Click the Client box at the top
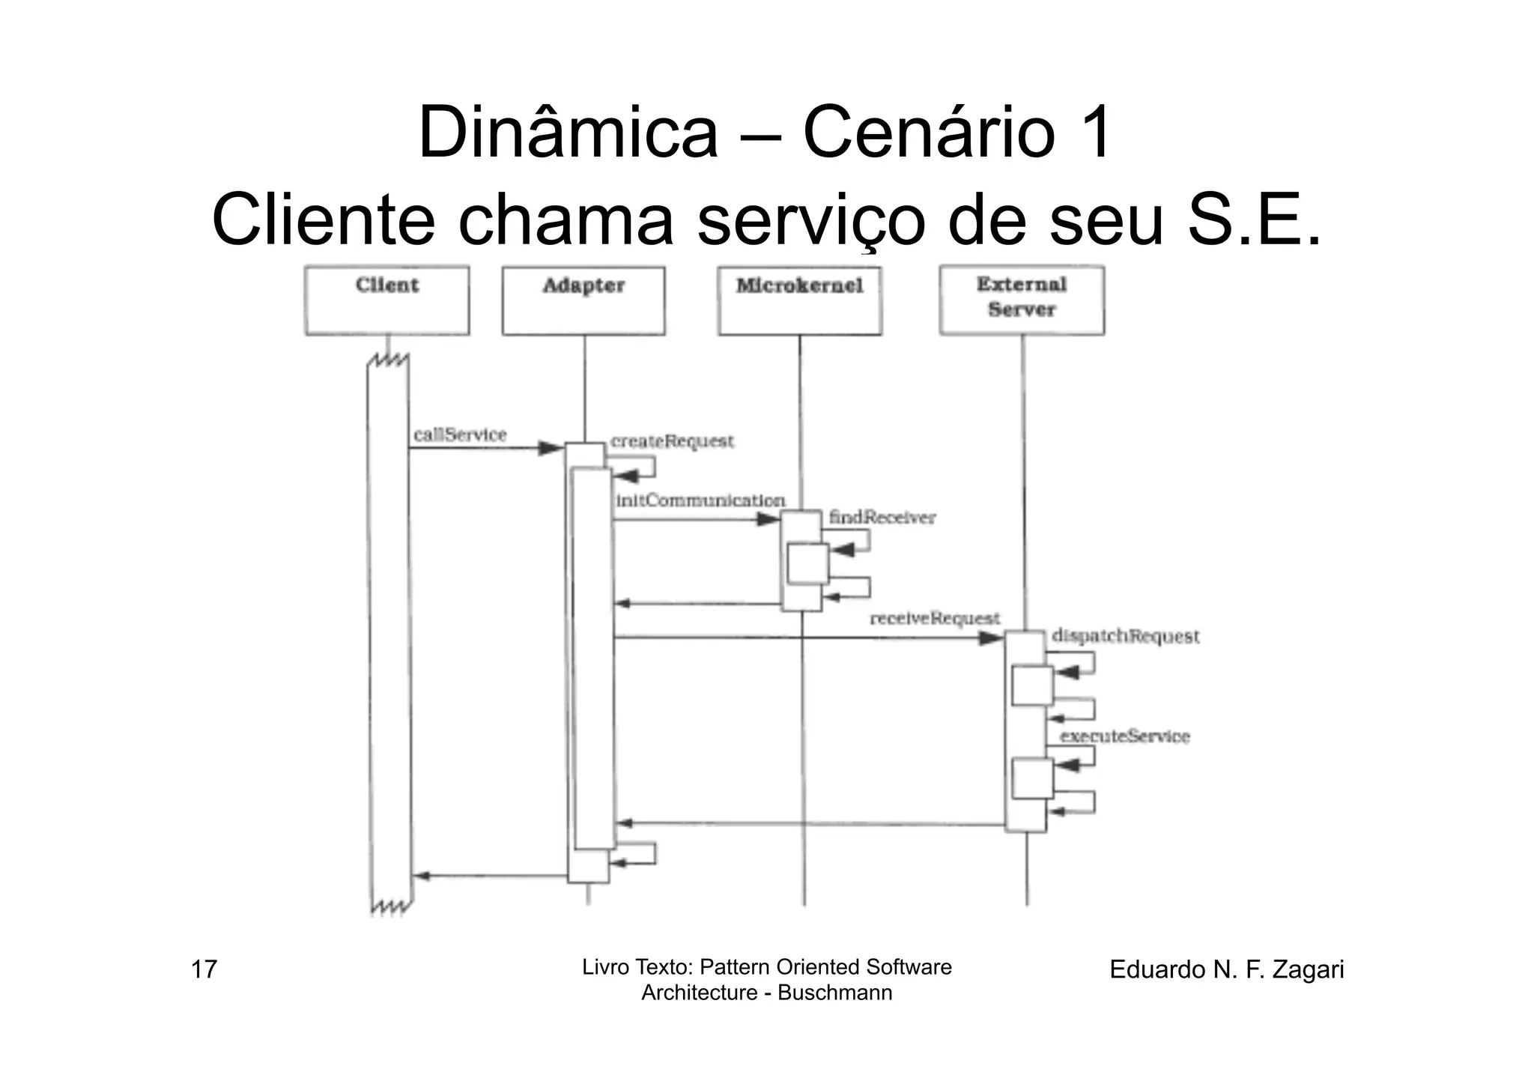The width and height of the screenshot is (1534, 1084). [x=387, y=300]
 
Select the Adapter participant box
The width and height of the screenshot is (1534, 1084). [x=583, y=300]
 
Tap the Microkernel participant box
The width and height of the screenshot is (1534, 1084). [x=799, y=300]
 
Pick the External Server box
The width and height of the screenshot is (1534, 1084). [x=1022, y=300]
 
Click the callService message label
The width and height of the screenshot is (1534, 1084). [x=460, y=434]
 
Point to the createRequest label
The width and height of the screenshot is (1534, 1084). [x=672, y=441]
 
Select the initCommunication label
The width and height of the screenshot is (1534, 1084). [x=700, y=500]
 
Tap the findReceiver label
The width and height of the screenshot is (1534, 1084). [x=882, y=518]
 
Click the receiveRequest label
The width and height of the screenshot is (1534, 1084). [x=935, y=619]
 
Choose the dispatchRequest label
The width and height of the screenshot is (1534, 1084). [x=1125, y=636]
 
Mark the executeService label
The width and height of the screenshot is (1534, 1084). [x=1124, y=736]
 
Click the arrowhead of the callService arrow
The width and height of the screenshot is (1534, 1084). [x=551, y=448]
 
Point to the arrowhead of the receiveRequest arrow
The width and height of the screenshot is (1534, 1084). [x=991, y=638]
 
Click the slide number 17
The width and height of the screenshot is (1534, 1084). [x=204, y=969]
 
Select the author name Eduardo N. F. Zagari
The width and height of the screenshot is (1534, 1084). [x=1226, y=969]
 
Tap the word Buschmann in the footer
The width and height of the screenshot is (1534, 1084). [x=834, y=993]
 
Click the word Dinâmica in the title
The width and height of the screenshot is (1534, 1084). [x=568, y=133]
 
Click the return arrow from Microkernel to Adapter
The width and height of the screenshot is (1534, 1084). [x=697, y=604]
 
